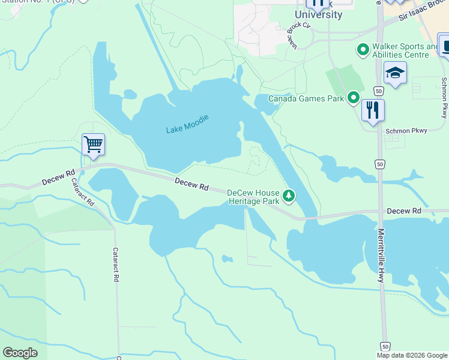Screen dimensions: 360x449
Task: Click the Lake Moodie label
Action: [x=187, y=124]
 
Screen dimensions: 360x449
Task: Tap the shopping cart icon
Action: [x=93, y=145]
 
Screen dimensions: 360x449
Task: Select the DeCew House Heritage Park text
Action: [x=253, y=197]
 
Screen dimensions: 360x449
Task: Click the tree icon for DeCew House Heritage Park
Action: [x=289, y=196]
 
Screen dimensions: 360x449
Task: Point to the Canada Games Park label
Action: [x=306, y=98]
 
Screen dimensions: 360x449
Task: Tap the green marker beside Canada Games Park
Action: [x=354, y=97]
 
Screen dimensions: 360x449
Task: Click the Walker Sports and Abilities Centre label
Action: [x=405, y=50]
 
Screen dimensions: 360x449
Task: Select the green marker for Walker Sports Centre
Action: [x=363, y=50]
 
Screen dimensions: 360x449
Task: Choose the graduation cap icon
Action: [x=395, y=73]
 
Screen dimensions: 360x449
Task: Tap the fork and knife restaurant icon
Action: [x=373, y=110]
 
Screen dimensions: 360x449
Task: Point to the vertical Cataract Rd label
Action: [x=116, y=265]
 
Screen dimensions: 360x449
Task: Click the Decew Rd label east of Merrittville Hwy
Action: [x=404, y=211]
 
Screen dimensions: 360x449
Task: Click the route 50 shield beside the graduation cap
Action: [x=378, y=90]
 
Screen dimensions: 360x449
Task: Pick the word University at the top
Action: [x=319, y=15]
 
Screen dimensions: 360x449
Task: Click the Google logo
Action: [x=20, y=353]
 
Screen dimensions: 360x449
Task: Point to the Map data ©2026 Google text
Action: [x=411, y=355]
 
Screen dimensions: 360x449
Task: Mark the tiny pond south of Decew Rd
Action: [x=227, y=259]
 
